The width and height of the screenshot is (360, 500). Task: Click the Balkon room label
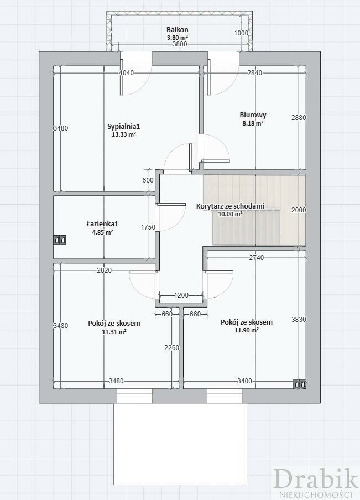pos(178,30)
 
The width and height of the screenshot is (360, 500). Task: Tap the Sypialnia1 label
pos(124,127)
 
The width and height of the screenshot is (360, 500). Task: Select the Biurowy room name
pos(253,115)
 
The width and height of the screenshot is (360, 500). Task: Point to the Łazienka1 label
pos(102,224)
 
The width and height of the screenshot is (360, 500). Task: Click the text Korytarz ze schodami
pos(230,206)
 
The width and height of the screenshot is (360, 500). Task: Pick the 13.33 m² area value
pos(124,134)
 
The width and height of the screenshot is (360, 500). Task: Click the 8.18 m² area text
pos(253,123)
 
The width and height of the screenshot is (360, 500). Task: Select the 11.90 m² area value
pos(247,330)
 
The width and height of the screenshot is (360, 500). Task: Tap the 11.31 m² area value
pos(114,332)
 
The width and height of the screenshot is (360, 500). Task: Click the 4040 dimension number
pos(126,72)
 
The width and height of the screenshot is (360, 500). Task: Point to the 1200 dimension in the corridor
pos(181,295)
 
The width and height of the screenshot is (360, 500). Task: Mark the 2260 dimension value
pos(172,347)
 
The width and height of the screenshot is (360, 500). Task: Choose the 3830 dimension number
pos(299,319)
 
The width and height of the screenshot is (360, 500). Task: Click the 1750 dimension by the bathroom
pos(148,227)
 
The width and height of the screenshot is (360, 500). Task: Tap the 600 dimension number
pos(148,180)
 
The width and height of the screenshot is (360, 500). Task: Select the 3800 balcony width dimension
pos(180,44)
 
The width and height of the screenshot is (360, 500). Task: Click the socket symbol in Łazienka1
pos(60,240)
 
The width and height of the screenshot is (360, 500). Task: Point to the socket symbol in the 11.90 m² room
pos(300,384)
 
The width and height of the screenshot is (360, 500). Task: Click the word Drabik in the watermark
pos(316,479)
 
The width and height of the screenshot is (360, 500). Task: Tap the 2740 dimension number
pos(257,257)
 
